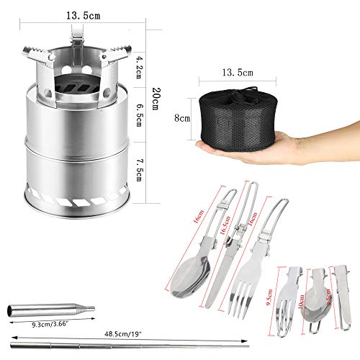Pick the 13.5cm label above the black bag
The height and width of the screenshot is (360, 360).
click(x=238, y=73)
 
